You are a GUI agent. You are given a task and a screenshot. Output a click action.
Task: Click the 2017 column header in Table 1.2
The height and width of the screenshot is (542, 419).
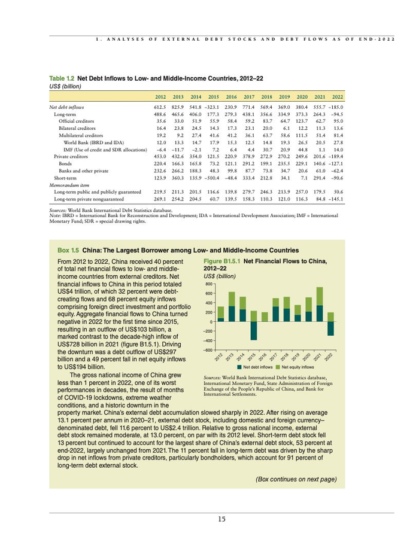pyautogui.click(x=249, y=96)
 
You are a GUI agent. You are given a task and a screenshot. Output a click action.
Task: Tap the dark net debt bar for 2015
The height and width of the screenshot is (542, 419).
pyautogui.click(x=254, y=331)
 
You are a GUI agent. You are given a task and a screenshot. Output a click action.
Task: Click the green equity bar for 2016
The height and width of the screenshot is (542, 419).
pyautogui.click(x=265, y=316)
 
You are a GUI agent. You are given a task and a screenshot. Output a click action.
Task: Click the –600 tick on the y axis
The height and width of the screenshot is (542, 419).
pyautogui.click(x=208, y=349)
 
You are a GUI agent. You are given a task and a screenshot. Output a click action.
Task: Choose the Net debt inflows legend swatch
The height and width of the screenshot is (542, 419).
pyautogui.click(x=239, y=366)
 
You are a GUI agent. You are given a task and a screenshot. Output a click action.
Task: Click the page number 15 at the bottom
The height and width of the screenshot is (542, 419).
pyautogui.click(x=221, y=519)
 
